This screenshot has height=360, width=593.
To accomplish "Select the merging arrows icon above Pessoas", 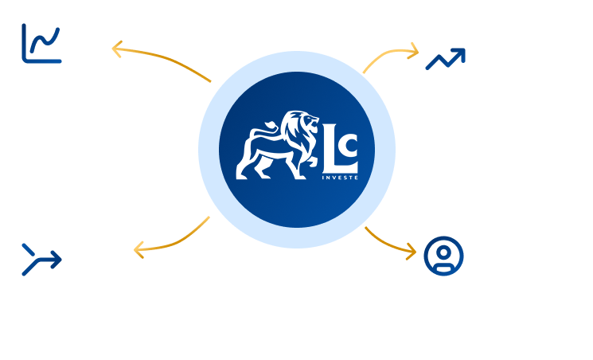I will coord(41,260).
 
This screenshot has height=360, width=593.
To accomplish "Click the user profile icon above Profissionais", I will coord(444,256).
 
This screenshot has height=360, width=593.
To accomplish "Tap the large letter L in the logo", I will coord(332,153).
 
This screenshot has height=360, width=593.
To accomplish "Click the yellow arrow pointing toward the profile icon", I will coord(392,241).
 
